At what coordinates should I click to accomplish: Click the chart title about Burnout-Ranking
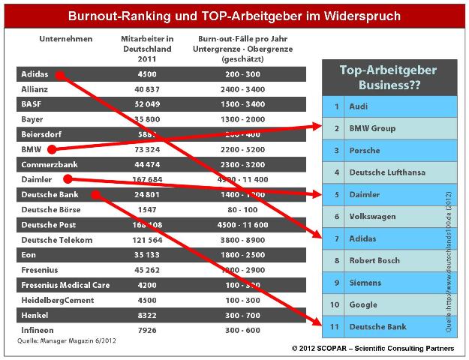(x=235, y=15)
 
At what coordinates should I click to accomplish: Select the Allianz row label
(x=36, y=89)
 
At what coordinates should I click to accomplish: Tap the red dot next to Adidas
(x=59, y=75)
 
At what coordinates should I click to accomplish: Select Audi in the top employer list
(x=359, y=106)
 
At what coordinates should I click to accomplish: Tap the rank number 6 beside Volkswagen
(x=336, y=217)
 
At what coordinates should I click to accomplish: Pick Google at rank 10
(x=362, y=305)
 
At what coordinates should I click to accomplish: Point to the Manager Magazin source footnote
(x=66, y=340)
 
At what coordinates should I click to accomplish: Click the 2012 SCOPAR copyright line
(x=372, y=349)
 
